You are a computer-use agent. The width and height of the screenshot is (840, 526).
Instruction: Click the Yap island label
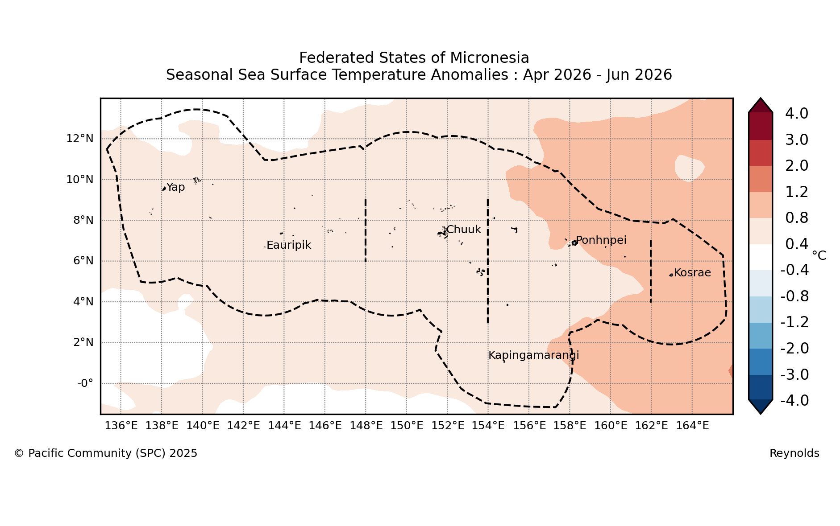(175, 187)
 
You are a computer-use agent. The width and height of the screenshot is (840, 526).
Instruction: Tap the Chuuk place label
(464, 230)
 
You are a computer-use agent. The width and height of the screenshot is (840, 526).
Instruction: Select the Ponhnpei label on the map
(601, 240)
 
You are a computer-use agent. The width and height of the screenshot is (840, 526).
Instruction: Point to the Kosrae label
(692, 273)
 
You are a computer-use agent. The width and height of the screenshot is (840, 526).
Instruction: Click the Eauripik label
(289, 245)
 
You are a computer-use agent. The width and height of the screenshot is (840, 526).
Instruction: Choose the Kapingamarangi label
(534, 355)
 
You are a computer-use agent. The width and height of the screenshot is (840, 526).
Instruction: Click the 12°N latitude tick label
(80, 139)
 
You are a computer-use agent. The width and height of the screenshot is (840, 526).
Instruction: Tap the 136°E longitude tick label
(121, 426)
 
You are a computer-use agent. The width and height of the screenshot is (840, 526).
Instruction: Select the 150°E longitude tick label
(407, 426)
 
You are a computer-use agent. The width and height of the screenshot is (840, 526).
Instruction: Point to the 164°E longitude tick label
(692, 426)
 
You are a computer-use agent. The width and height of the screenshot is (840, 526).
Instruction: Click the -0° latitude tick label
(85, 383)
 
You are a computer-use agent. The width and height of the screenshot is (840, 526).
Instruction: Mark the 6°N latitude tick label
(83, 261)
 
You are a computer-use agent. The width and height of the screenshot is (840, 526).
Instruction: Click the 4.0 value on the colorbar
(797, 114)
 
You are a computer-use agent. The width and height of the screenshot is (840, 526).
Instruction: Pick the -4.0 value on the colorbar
(794, 401)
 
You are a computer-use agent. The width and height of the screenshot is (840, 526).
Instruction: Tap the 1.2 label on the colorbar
(797, 192)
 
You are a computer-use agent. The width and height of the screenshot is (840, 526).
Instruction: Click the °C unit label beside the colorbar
(819, 255)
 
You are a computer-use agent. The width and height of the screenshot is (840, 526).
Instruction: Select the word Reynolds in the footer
(794, 453)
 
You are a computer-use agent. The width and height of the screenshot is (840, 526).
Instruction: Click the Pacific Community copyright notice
(106, 453)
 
